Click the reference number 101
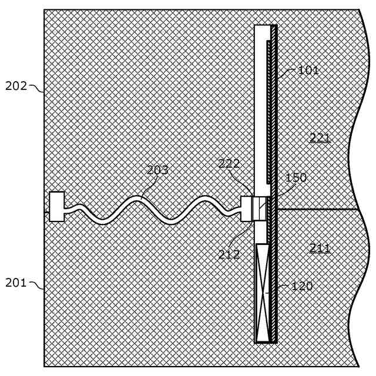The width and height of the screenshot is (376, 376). [x=308, y=71]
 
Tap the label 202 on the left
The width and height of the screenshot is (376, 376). [x=16, y=86]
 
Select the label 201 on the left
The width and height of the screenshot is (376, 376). [x=16, y=283]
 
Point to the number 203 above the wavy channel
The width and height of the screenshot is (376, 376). [x=157, y=170]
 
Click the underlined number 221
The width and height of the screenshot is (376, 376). [x=320, y=138]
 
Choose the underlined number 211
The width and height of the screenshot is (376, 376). [x=320, y=249]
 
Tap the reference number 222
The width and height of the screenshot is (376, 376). [x=229, y=164]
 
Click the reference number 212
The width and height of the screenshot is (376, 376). [x=229, y=254]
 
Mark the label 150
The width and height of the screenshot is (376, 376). [x=296, y=177]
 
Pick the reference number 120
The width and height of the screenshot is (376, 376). [x=303, y=287]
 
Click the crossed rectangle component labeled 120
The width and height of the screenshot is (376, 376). [x=263, y=293]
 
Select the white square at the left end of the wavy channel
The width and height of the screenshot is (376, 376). [x=57, y=207]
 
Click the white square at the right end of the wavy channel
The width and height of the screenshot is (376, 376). [x=246, y=209]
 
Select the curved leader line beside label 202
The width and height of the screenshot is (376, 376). [x=36, y=89]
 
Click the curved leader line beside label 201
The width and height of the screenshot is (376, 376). [x=36, y=286]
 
